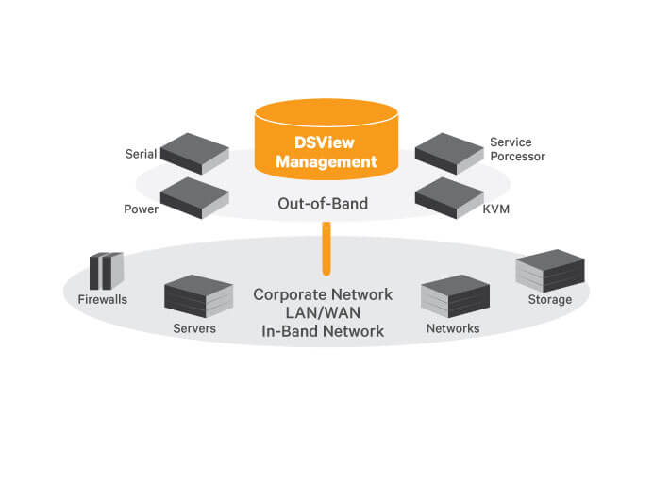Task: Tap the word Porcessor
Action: click(x=517, y=156)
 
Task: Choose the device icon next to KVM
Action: click(x=449, y=197)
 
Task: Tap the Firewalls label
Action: click(x=102, y=300)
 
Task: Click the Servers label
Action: click(x=194, y=329)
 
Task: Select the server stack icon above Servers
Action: click(x=198, y=295)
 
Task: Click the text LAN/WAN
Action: click(x=323, y=313)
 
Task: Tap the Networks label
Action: click(x=453, y=329)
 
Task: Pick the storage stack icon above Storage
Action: click(x=552, y=271)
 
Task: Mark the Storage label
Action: click(x=550, y=300)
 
